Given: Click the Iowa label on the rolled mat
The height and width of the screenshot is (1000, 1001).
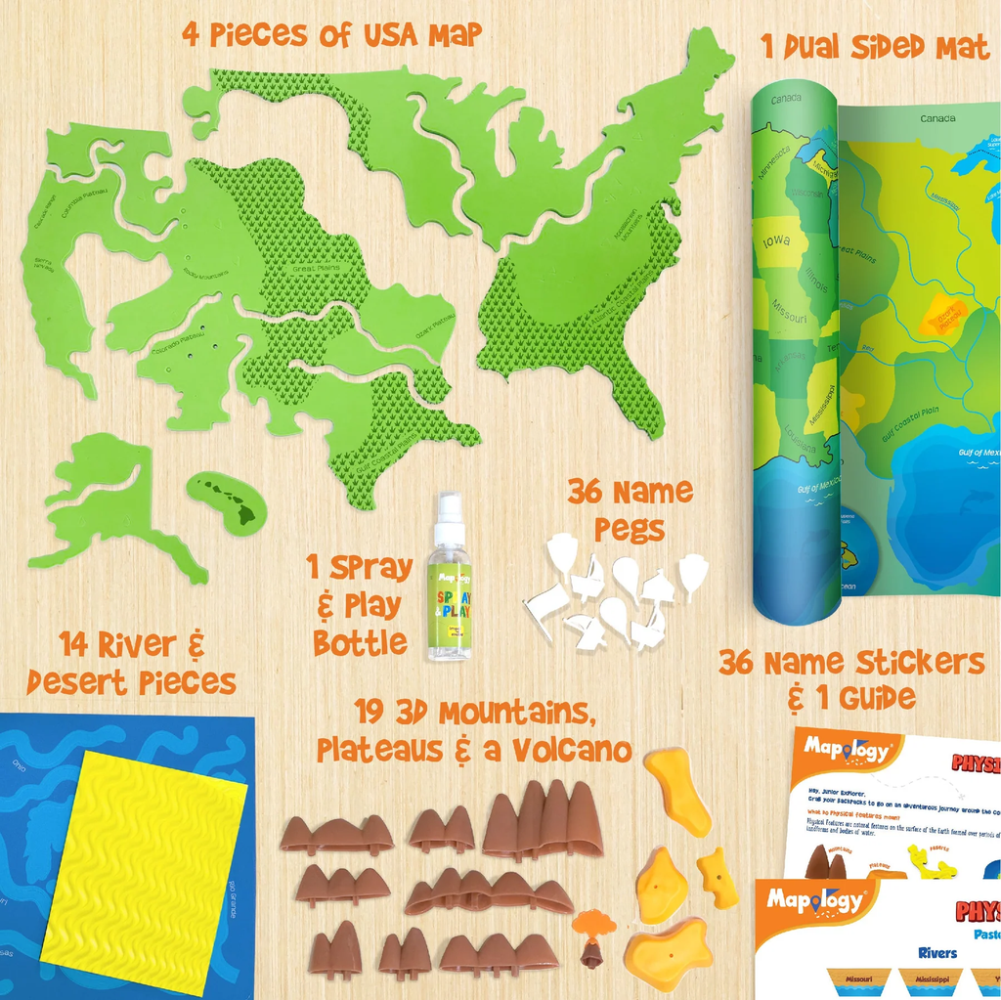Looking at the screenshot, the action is (x=779, y=241).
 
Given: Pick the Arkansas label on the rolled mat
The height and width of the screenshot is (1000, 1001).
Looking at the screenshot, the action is (x=785, y=368).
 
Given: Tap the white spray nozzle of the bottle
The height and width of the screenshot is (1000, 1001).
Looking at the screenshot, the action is (x=449, y=511).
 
